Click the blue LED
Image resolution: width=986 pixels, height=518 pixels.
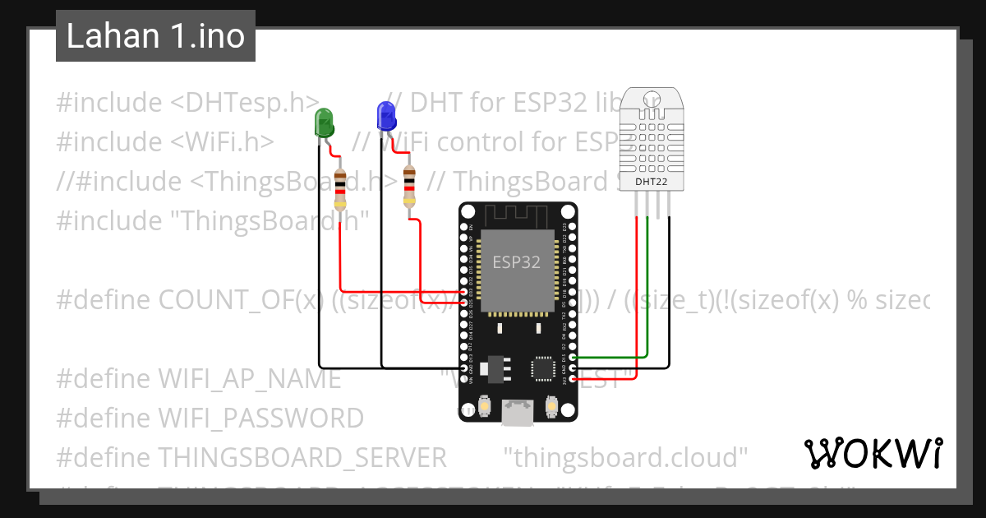385,117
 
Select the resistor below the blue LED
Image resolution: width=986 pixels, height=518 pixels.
409,187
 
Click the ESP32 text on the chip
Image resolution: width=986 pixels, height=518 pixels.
517,262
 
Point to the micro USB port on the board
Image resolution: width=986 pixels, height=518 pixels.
518,413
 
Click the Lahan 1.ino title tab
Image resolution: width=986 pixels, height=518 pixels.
155,36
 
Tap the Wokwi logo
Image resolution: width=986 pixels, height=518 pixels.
873,453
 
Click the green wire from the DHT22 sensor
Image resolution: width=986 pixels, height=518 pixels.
648,288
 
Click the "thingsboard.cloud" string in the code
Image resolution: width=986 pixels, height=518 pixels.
625,456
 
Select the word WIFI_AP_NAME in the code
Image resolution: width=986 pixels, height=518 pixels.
249,379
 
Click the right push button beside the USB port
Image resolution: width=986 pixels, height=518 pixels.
551,405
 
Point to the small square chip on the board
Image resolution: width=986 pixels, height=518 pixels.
544,368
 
